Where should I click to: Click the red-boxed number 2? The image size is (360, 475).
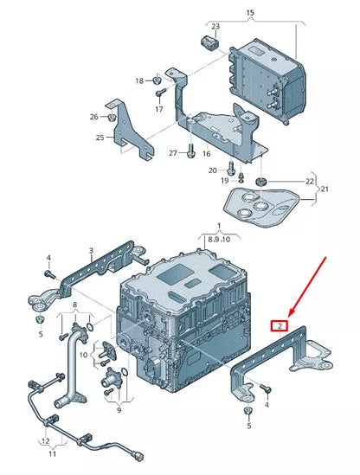(x=279, y=326)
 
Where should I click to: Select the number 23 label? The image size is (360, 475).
(x=215, y=27)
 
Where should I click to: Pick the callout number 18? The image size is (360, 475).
(x=139, y=81)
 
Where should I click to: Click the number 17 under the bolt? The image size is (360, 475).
(x=159, y=110)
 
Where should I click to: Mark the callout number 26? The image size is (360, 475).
(x=93, y=117)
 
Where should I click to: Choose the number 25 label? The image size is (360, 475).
(x=100, y=138)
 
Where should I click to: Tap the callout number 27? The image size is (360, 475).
(x=173, y=153)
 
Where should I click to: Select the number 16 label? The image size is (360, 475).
(x=206, y=153)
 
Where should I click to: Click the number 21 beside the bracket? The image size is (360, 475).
(x=325, y=189)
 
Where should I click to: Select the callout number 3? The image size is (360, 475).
(x=90, y=252)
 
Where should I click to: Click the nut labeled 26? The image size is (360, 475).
(x=112, y=117)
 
